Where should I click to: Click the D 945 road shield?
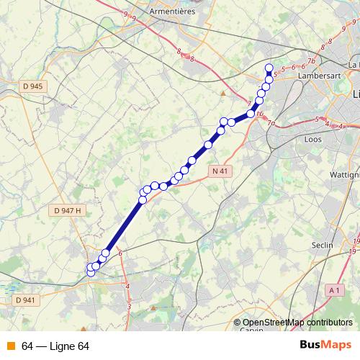click(x=33, y=86)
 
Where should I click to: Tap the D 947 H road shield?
click(x=69, y=210)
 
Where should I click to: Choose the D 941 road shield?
click(x=24, y=300)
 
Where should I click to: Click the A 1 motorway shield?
click(x=333, y=289)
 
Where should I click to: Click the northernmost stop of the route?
click(x=269, y=68)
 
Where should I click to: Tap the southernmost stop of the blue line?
click(x=91, y=272)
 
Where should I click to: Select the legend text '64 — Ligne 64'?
click(x=55, y=346)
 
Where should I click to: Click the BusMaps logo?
click(x=325, y=346)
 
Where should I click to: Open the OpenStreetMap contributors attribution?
click(x=297, y=323)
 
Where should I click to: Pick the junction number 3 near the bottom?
click(x=129, y=307)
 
